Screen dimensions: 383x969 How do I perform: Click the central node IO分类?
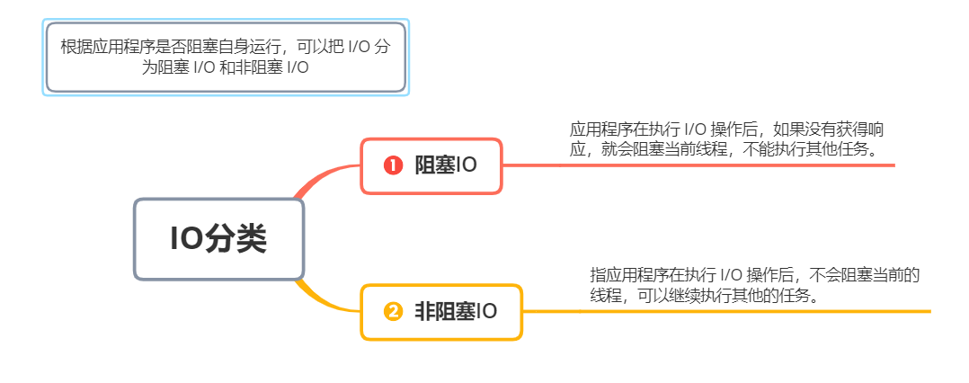pos(218,239)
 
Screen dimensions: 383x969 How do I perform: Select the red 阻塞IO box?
pos(431,165)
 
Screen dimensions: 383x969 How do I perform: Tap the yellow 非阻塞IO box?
pos(440,312)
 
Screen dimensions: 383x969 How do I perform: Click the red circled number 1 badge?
pos(392,165)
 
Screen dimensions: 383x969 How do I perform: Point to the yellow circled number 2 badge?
pos(392,312)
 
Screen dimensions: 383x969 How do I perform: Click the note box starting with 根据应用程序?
pos(226,57)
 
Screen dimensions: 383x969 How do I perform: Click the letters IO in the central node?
pos(187,239)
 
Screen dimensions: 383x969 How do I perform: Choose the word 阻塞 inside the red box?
pos(434,165)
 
